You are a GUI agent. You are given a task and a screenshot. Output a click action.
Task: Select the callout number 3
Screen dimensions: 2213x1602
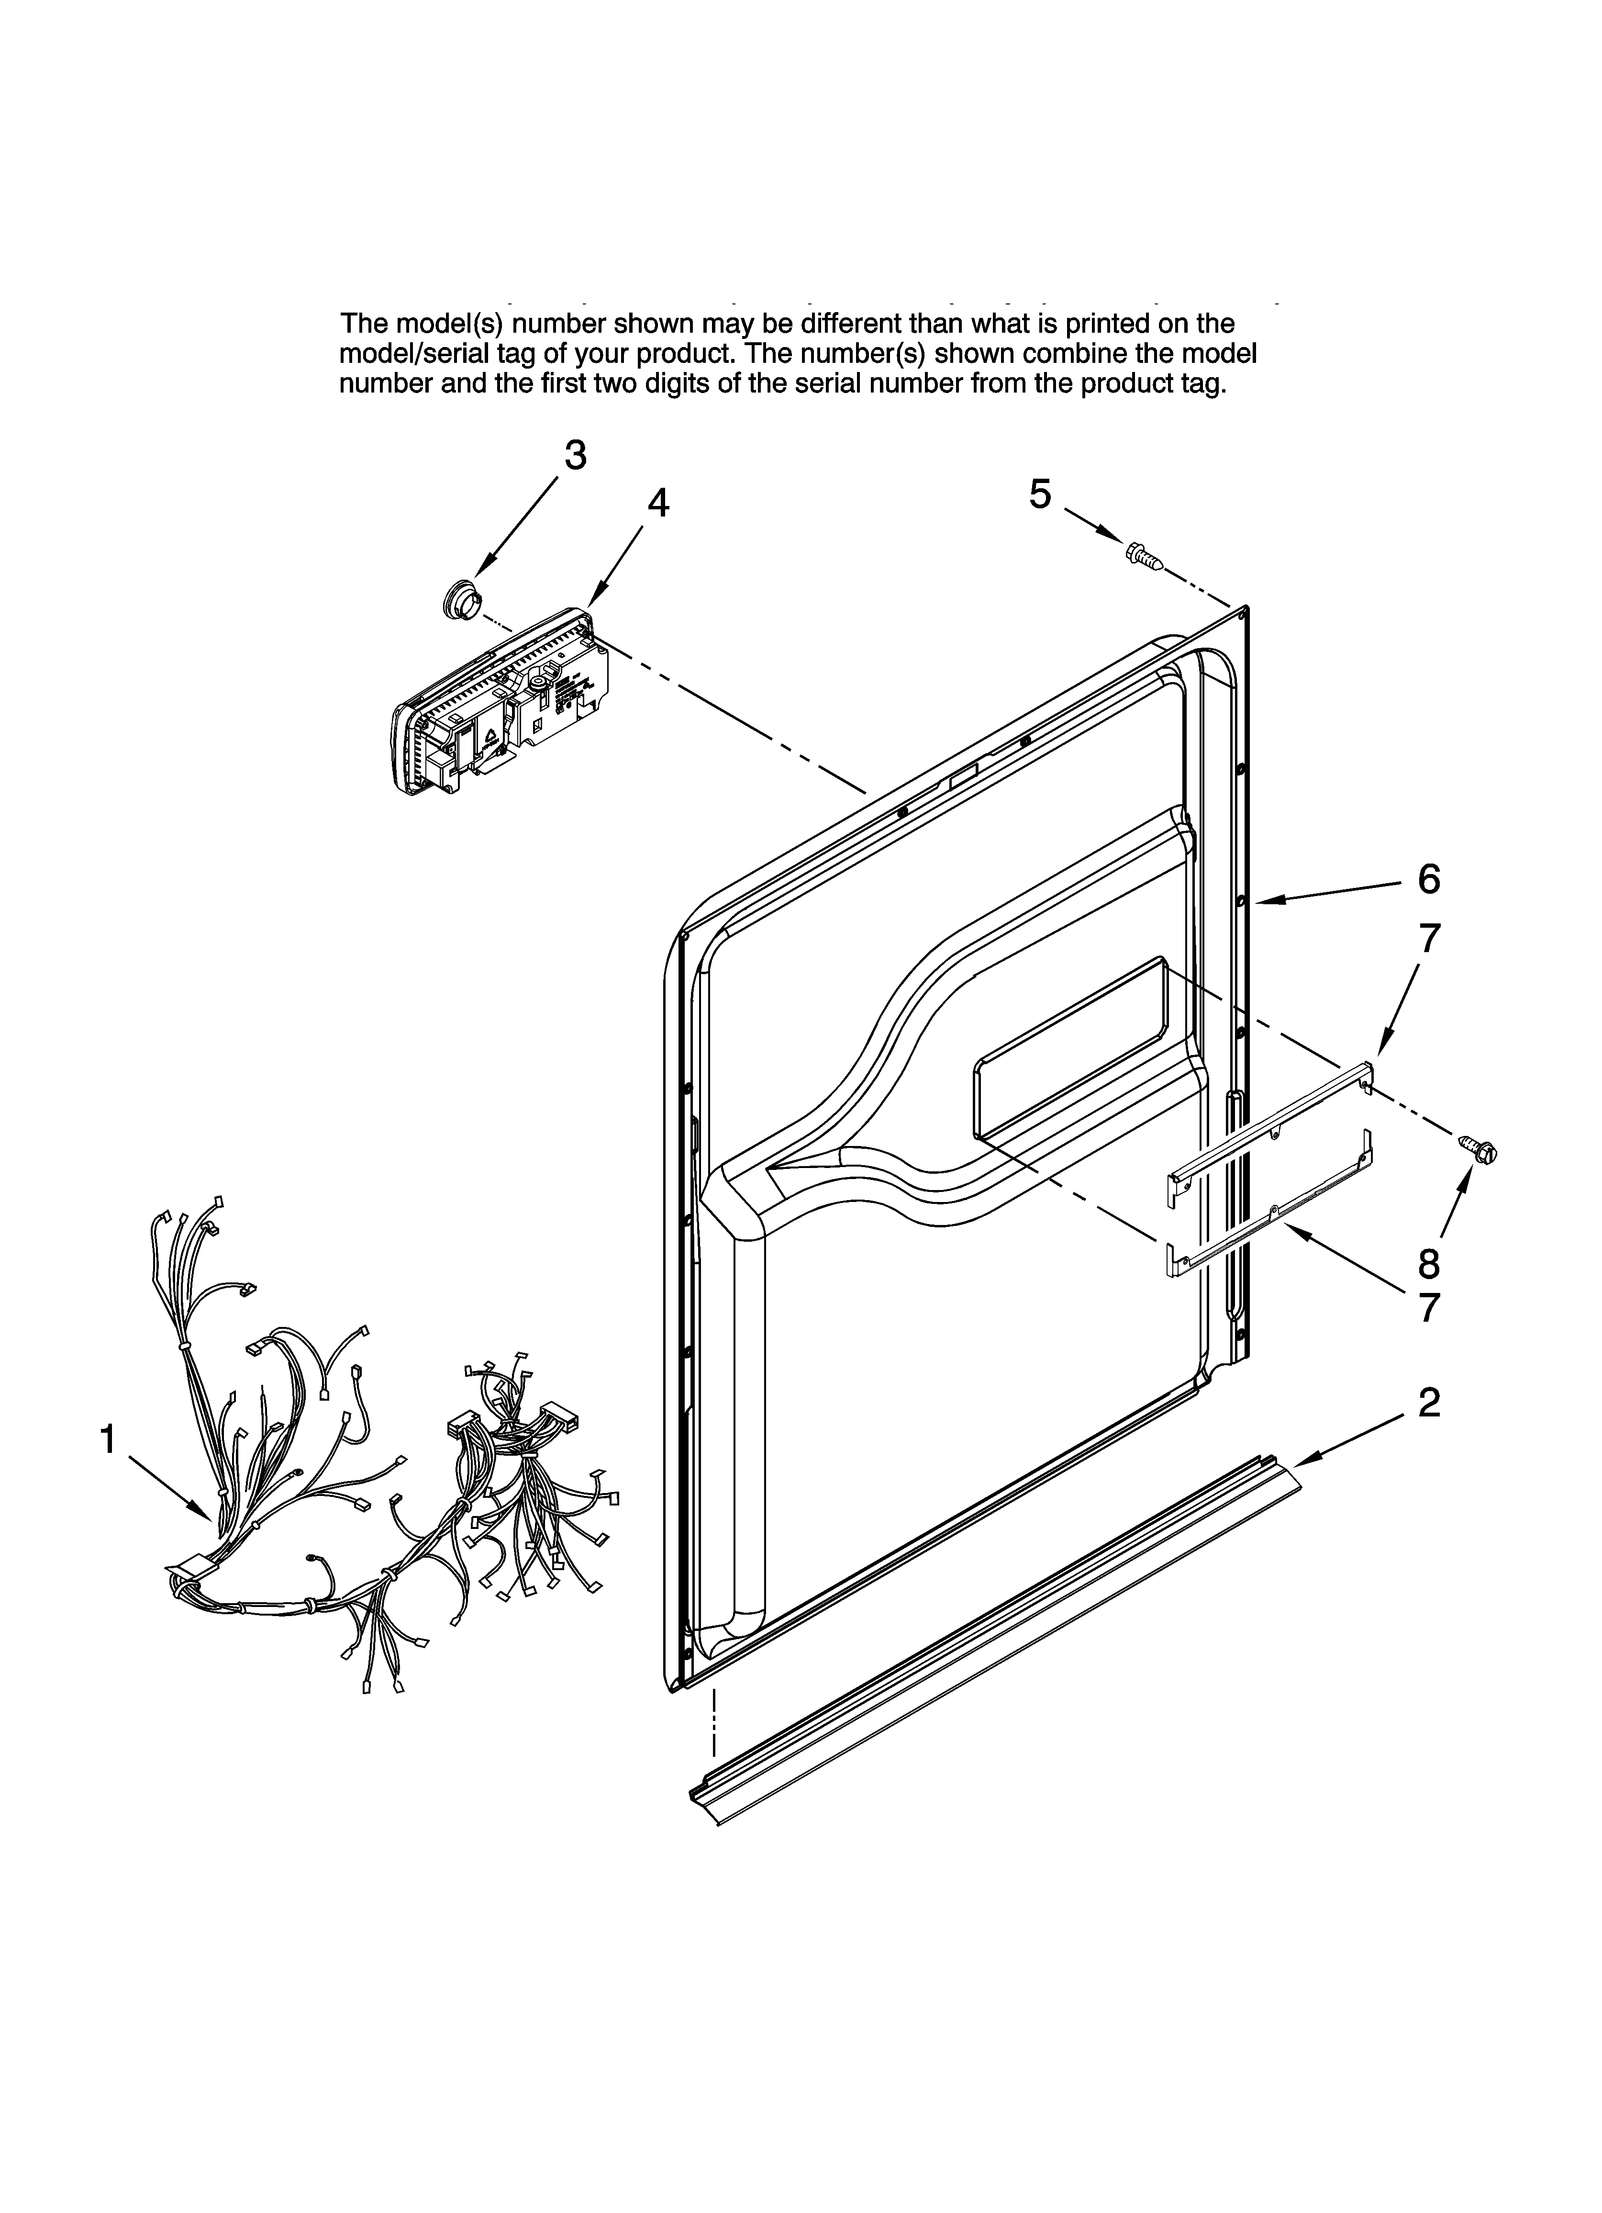pyautogui.click(x=576, y=456)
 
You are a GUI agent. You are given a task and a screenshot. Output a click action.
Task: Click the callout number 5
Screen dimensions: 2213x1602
pyautogui.click(x=1040, y=494)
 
